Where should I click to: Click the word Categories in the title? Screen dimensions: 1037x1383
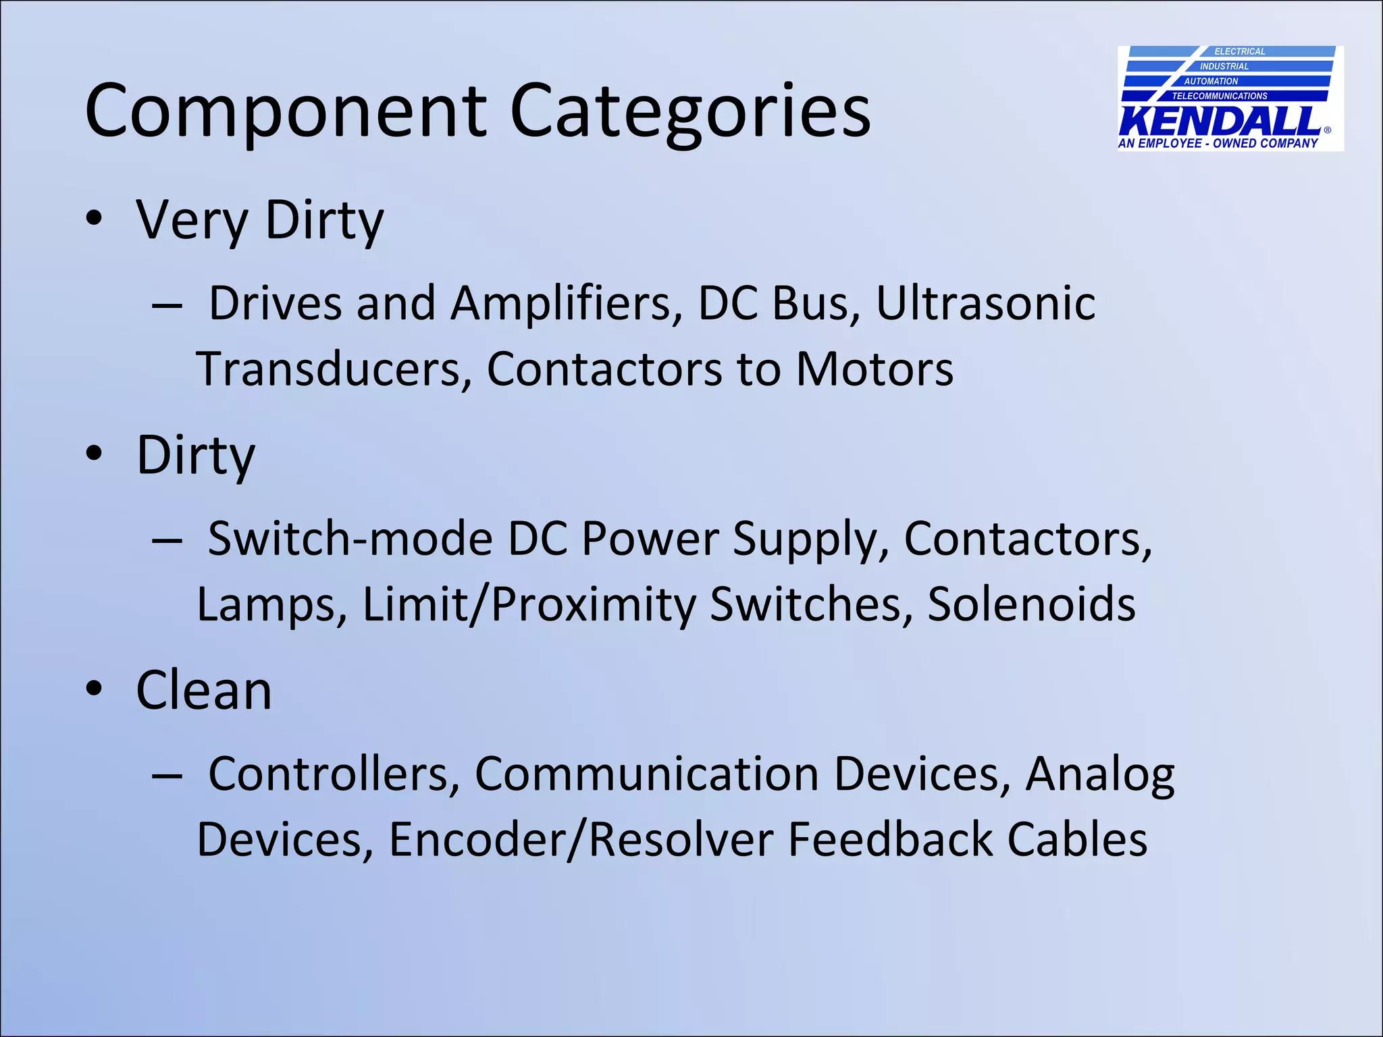689,111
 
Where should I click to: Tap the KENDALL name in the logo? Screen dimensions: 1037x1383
1220,122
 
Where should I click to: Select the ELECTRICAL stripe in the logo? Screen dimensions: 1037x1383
1239,51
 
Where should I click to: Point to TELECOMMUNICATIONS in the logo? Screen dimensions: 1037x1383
1220,96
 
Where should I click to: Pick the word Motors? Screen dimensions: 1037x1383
875,369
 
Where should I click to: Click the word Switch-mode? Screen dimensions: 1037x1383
350,539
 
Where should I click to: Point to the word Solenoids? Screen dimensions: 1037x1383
1031,604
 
